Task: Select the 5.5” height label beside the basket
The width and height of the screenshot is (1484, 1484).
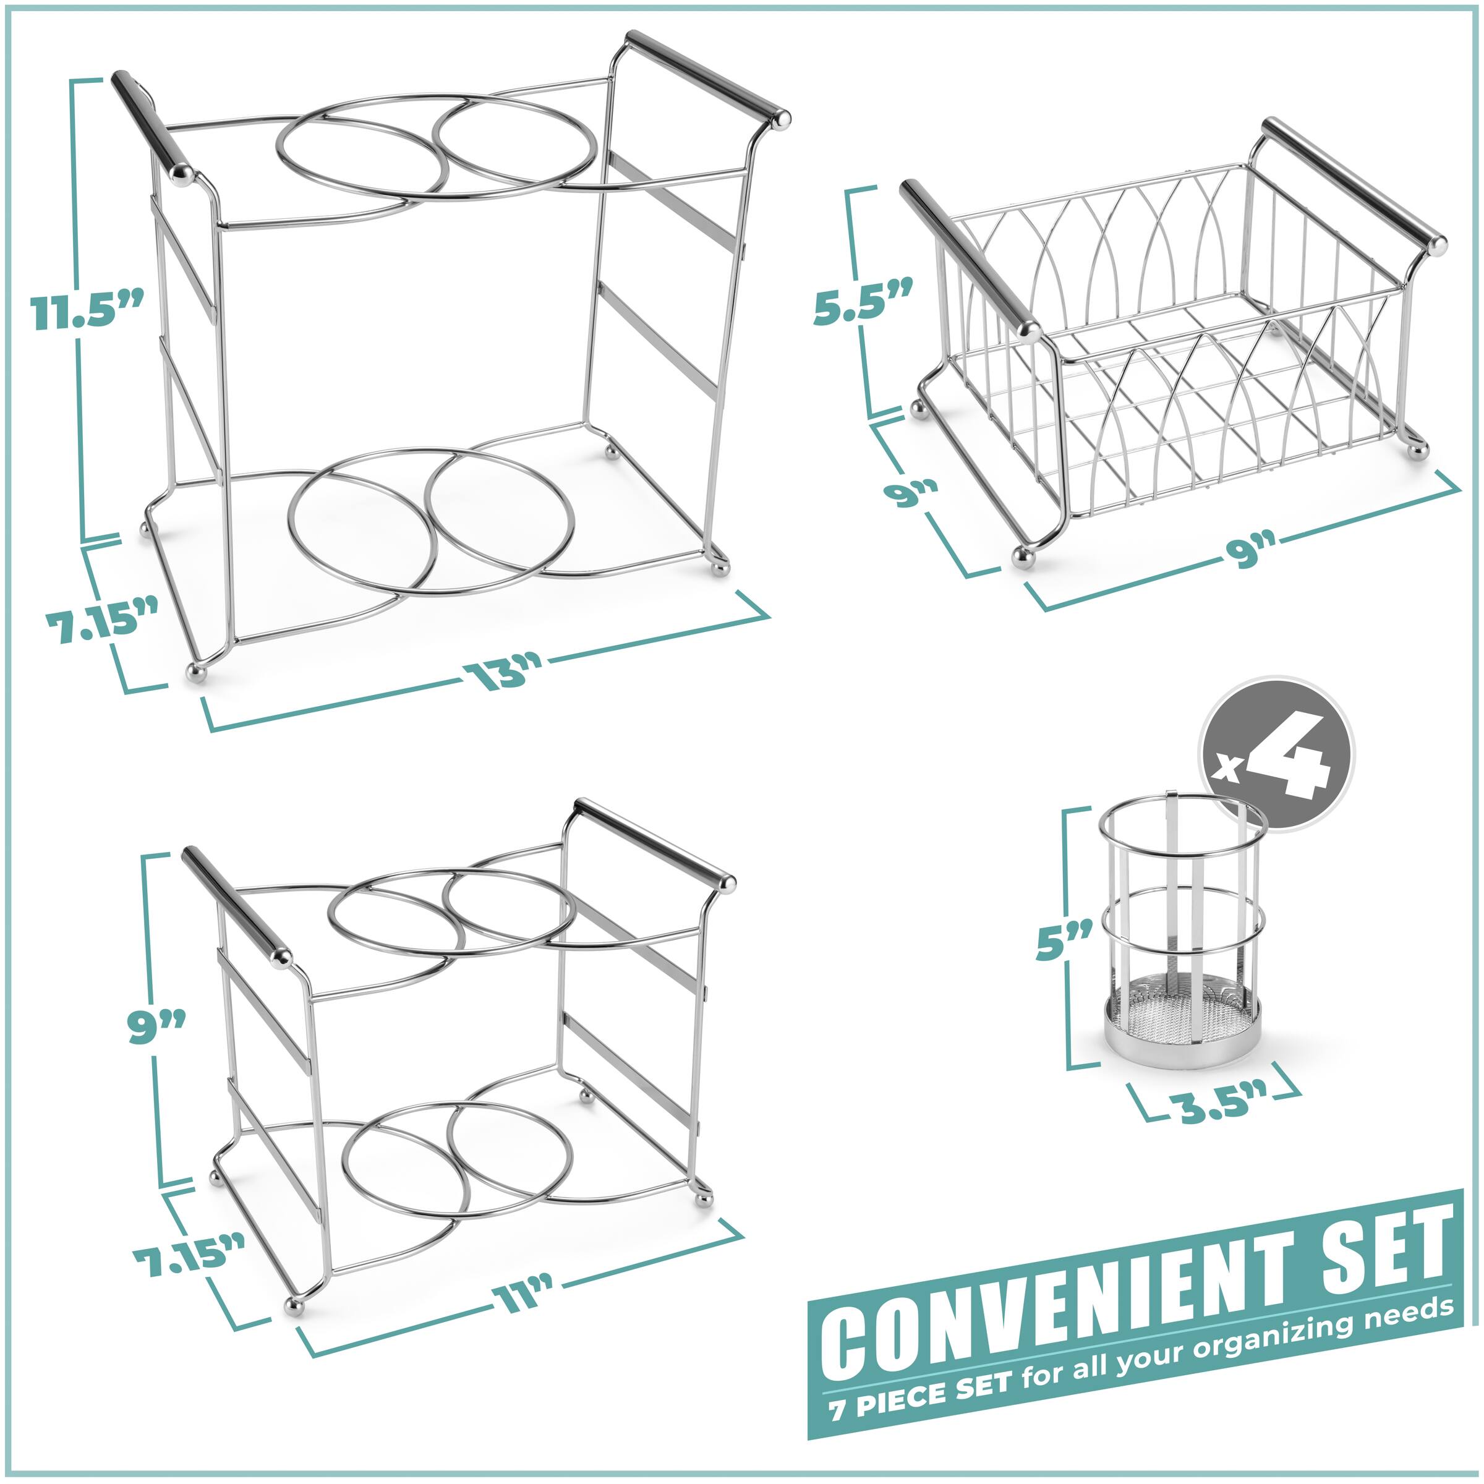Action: coord(863,304)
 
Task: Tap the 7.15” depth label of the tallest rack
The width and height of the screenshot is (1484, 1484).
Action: coord(101,615)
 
